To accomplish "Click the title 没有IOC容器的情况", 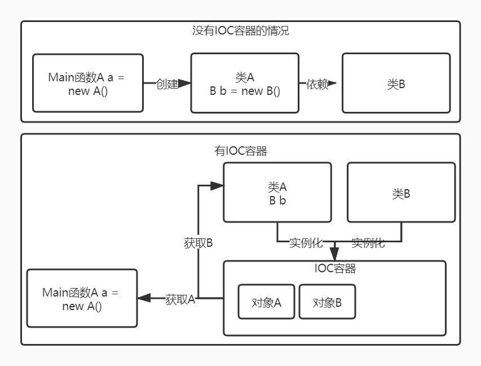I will click(x=240, y=31).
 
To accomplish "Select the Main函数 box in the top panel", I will click(x=87, y=83).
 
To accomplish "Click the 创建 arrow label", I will click(x=167, y=84).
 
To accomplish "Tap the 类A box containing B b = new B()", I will click(x=244, y=83).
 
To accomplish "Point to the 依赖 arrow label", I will click(x=317, y=84).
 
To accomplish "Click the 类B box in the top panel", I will click(x=396, y=83).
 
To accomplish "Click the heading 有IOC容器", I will click(x=240, y=151).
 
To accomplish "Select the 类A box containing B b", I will click(x=277, y=192).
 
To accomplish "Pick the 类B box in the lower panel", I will click(x=401, y=192).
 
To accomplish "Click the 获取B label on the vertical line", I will click(x=198, y=243).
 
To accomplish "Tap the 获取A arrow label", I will click(x=180, y=299).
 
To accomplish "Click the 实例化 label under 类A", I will click(x=306, y=243).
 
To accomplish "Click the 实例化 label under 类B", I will click(x=368, y=243).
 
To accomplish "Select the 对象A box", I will click(x=266, y=302).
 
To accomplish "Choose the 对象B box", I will click(x=327, y=302).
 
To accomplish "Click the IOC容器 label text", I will click(x=335, y=268).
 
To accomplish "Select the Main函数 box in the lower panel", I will click(x=82, y=298).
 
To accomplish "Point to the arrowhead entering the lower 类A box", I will click(x=217, y=185).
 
